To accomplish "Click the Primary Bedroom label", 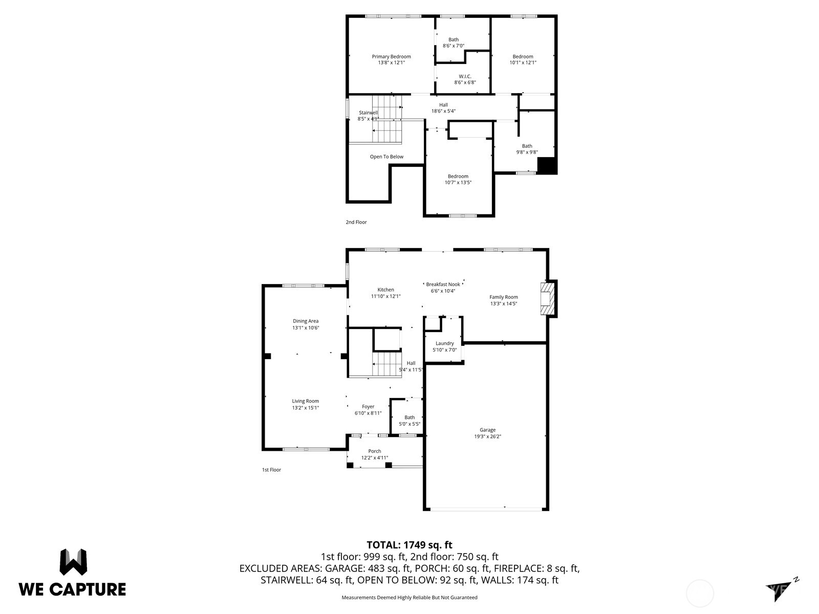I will [x=391, y=57].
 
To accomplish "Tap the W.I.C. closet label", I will [x=465, y=76].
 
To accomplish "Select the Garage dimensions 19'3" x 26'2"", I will [x=487, y=437].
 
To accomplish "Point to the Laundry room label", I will [x=444, y=343].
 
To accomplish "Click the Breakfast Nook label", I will [x=443, y=284].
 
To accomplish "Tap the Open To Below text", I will [x=386, y=157].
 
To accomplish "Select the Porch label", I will [x=374, y=451].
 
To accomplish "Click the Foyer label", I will [x=368, y=407].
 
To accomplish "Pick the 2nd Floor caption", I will [x=356, y=222].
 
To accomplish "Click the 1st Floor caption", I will [x=271, y=470].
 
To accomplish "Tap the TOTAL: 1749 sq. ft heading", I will [x=409, y=545].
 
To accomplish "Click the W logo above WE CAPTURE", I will [x=73, y=562].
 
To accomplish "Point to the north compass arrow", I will [x=780, y=588].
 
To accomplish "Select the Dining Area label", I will [x=306, y=321].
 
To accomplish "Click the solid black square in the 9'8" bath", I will [x=547, y=166].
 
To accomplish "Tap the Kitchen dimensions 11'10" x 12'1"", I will [x=385, y=296].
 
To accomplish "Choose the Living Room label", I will [x=306, y=401].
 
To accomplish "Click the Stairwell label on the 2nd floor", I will [x=368, y=113].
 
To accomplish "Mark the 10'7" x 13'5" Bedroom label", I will [x=458, y=176].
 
